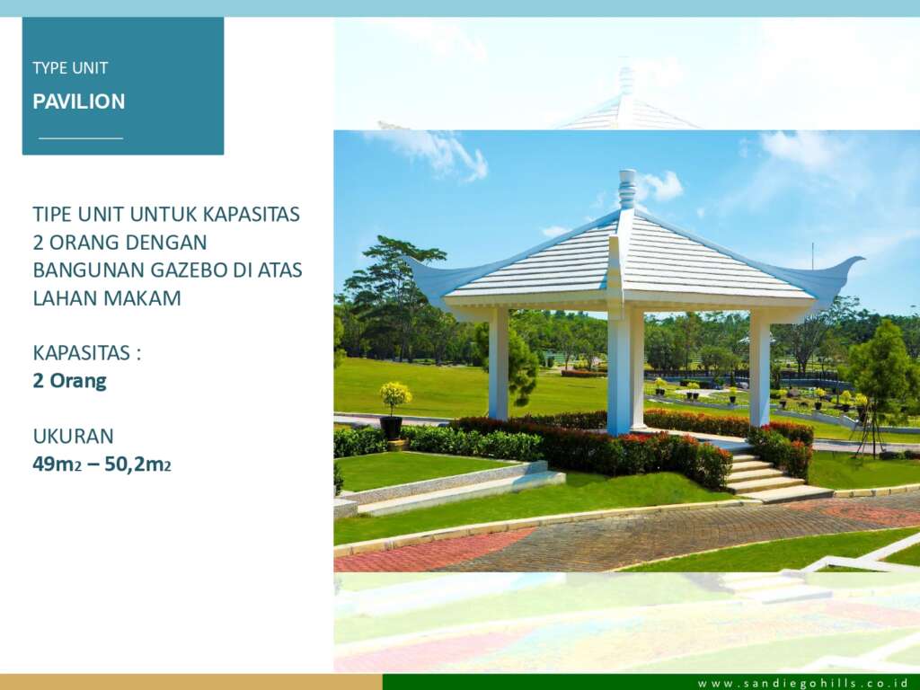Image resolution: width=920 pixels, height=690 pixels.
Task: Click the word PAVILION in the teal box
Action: (x=79, y=102)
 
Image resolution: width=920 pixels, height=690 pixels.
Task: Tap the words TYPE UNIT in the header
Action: (x=70, y=68)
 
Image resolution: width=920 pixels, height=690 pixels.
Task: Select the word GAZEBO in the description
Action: (x=189, y=270)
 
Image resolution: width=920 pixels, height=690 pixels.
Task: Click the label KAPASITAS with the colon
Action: (x=87, y=353)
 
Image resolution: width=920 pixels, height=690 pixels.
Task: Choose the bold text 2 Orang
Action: (x=70, y=381)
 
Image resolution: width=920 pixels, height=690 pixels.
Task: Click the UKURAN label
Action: (x=74, y=437)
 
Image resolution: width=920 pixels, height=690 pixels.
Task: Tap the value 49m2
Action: (x=57, y=464)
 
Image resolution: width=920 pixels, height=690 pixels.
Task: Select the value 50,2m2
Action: (x=137, y=464)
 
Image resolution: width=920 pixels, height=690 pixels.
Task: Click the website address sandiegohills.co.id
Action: (x=802, y=683)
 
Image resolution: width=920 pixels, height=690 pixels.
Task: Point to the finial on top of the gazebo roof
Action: (x=627, y=189)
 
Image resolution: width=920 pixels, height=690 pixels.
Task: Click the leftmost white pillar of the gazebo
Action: (x=498, y=364)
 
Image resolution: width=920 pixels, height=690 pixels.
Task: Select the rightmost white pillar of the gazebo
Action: (x=759, y=367)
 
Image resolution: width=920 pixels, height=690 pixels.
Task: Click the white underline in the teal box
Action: (x=81, y=138)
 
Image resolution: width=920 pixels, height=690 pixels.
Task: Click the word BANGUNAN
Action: (x=89, y=270)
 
